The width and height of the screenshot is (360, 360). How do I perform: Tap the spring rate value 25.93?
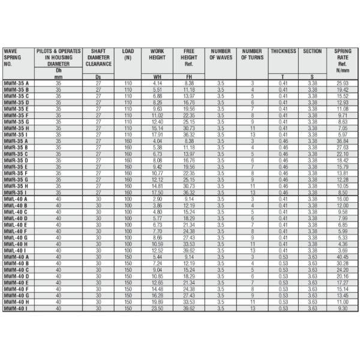tap(343, 83)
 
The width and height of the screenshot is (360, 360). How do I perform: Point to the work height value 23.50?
tap(157, 308)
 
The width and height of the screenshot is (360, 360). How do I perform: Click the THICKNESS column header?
tap(283, 52)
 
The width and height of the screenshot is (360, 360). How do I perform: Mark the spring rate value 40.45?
tap(343, 257)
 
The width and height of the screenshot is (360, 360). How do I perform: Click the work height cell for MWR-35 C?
tap(157, 154)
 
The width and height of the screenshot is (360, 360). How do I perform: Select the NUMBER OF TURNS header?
tap(252, 55)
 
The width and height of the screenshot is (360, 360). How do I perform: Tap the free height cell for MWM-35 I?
tap(188, 135)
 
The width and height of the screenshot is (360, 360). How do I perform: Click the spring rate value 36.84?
tap(343, 141)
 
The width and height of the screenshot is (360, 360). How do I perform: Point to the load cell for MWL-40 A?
tap(128, 199)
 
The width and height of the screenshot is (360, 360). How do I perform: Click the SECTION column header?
tap(313, 52)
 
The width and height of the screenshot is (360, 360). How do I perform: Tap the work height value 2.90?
tap(157, 199)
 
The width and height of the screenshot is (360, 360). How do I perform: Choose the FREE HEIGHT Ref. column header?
tap(188, 58)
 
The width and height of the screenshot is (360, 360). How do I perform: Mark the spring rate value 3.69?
tap(343, 250)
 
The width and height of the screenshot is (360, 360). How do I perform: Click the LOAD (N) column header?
tap(128, 55)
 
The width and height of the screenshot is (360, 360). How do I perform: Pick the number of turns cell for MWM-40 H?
tap(252, 302)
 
